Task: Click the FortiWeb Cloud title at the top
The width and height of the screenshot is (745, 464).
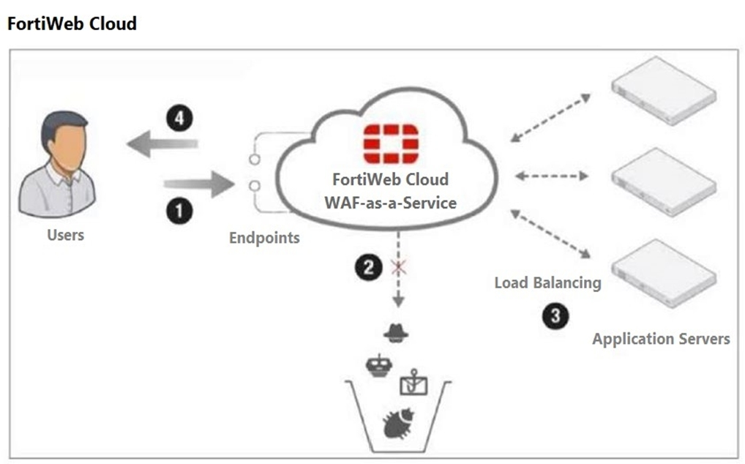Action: [71, 23]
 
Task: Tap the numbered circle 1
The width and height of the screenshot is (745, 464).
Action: [180, 212]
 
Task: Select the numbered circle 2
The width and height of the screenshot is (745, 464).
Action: [369, 268]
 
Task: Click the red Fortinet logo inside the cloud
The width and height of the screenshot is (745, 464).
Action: [391, 143]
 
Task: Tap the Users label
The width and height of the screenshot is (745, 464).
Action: [65, 235]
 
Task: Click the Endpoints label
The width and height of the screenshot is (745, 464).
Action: [264, 238]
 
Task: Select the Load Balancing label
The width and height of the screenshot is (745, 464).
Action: [547, 282]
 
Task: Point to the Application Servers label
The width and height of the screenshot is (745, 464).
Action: [661, 339]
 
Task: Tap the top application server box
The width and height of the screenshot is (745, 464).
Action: [662, 95]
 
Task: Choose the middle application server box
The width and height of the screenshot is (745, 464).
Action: [662, 179]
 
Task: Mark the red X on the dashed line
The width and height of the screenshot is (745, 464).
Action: [399, 268]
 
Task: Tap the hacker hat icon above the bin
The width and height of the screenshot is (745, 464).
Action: [396, 333]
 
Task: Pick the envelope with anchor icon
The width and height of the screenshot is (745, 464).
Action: [411, 381]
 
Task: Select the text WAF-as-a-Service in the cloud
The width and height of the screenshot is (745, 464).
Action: [390, 203]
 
